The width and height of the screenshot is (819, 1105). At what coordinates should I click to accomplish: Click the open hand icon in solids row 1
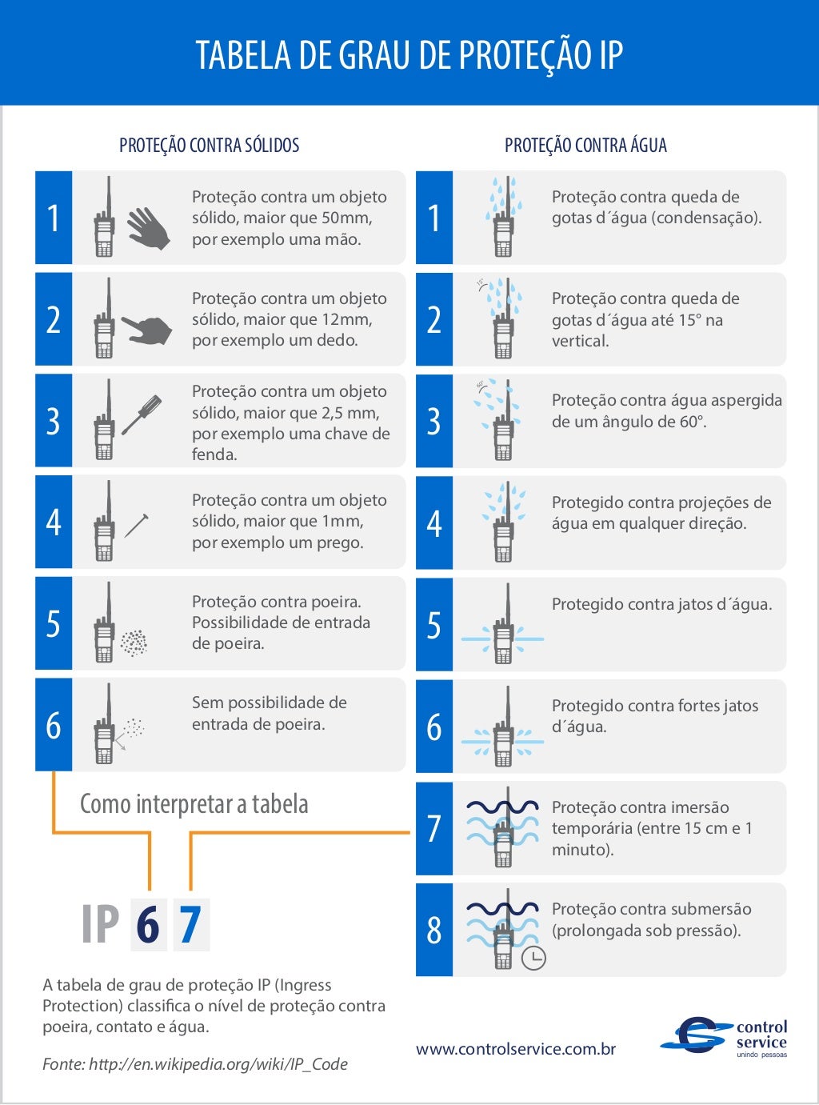click(149, 228)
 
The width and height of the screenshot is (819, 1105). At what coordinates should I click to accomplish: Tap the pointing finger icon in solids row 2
click(147, 329)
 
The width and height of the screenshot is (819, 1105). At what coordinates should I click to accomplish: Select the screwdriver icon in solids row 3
click(142, 414)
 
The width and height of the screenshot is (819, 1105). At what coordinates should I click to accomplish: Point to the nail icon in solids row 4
click(137, 525)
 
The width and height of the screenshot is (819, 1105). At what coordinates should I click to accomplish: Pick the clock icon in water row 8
click(533, 958)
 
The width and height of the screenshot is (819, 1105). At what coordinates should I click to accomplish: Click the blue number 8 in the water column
click(434, 930)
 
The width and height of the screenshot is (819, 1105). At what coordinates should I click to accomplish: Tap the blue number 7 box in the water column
click(434, 828)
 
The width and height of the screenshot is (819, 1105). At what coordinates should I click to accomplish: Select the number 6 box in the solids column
click(54, 725)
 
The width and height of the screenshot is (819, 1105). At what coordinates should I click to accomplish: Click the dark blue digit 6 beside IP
click(148, 925)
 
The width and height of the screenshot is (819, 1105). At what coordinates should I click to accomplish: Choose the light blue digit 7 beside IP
click(190, 925)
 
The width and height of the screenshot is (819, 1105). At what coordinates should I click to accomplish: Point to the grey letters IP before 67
click(101, 925)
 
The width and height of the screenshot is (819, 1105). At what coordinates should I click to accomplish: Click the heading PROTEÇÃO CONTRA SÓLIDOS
click(210, 146)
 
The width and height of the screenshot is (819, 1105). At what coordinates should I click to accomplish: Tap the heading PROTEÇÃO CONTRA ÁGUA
click(585, 146)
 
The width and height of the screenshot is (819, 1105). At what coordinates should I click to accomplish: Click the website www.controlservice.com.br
click(516, 1049)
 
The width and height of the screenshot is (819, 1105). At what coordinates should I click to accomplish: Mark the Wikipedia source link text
click(218, 1064)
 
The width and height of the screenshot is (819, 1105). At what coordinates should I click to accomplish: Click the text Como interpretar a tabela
click(194, 804)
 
